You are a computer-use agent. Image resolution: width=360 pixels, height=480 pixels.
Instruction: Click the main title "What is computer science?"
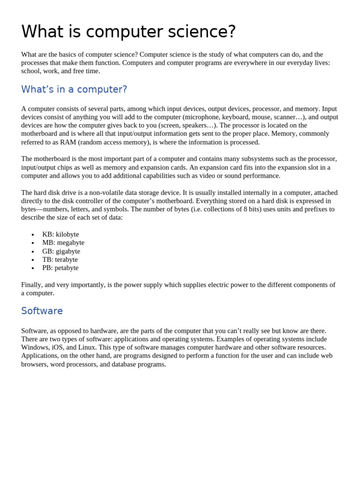128,32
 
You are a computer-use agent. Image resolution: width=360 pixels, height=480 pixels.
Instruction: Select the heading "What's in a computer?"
74,90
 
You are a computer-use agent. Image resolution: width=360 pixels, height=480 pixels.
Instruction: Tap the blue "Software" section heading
42,311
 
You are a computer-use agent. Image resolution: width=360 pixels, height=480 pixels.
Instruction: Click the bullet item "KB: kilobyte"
60,234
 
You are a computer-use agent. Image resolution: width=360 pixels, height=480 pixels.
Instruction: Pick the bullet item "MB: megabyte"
63,243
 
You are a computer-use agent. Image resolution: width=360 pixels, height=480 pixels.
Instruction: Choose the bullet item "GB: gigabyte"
61,251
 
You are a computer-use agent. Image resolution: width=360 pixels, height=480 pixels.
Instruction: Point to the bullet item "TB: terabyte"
60,260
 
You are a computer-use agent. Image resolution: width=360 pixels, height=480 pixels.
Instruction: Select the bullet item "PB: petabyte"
60,268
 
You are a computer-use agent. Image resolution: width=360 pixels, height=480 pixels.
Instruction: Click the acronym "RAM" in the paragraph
68,142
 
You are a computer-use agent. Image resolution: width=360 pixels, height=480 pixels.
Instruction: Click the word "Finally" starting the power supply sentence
31,285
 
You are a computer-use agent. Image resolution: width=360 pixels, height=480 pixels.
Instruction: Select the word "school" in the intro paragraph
31,71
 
